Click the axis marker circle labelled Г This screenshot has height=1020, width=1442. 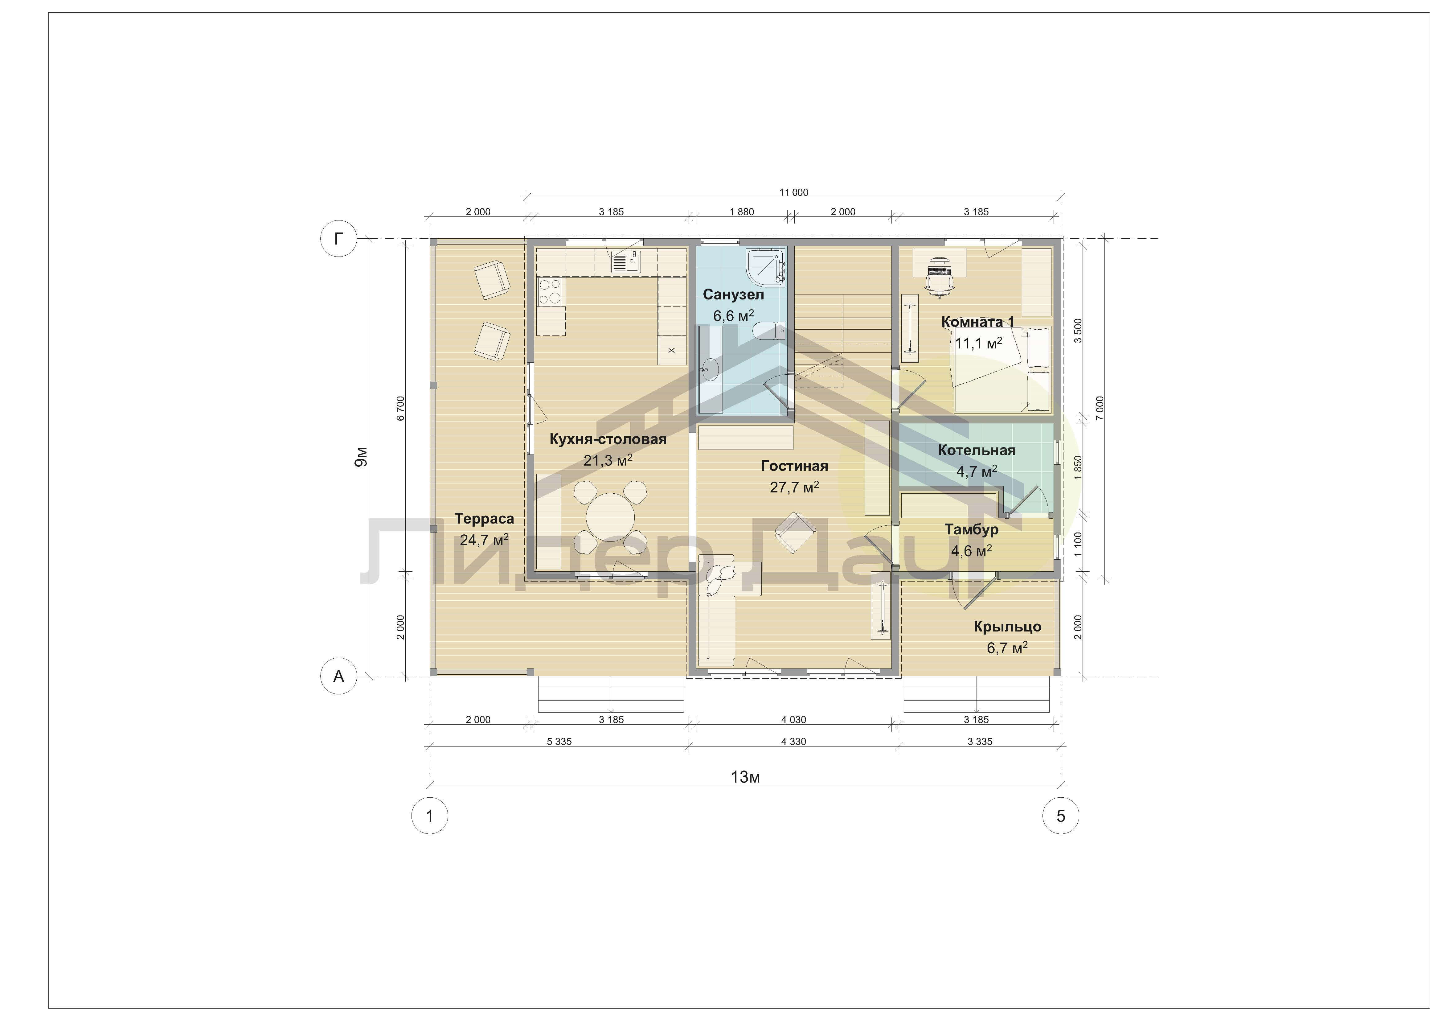(x=338, y=239)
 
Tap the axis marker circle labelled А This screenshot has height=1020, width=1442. (x=338, y=677)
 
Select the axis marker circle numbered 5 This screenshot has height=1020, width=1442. (x=1061, y=816)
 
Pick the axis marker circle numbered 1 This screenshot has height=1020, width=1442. (x=430, y=816)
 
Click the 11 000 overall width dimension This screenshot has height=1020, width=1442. (x=794, y=192)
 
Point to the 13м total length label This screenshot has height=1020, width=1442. (x=745, y=777)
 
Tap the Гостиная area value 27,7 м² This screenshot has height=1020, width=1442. (x=794, y=487)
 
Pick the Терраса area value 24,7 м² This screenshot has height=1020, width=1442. (x=484, y=540)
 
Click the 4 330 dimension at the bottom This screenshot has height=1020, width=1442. (x=794, y=741)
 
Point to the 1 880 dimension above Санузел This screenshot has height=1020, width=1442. (x=742, y=212)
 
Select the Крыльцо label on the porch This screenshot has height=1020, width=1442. (x=1007, y=626)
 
